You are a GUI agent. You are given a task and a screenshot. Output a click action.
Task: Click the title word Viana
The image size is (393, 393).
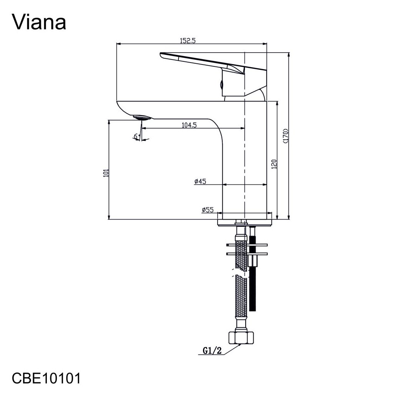pos(40,22)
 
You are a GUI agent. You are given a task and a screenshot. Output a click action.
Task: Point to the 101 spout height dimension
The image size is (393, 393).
pos(106,173)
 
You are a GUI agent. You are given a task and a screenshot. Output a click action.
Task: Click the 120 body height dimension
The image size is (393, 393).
pos(274,164)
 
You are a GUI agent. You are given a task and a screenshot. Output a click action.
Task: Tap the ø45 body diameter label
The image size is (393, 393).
pos(200,182)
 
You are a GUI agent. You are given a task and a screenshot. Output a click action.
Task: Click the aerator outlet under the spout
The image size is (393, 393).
pos(142,117)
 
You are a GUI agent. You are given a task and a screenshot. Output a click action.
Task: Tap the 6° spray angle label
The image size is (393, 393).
pos(136,136)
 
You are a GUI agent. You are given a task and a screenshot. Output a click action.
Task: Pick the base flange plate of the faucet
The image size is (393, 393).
pos(245,223)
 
